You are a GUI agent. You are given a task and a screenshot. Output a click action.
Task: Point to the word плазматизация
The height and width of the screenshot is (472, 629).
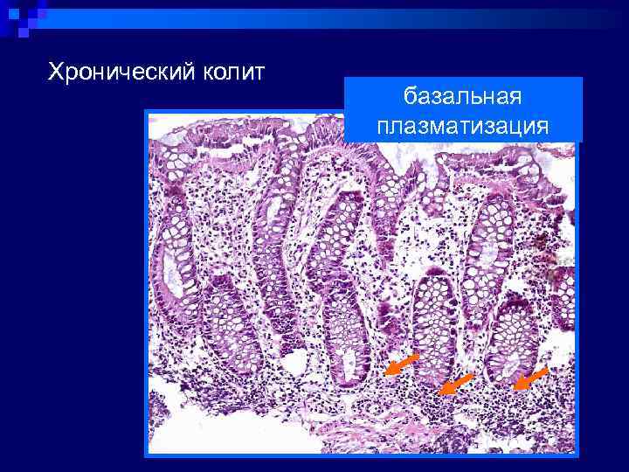click(463, 126)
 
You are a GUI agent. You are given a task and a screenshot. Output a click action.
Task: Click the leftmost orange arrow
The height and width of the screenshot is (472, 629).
click(403, 364)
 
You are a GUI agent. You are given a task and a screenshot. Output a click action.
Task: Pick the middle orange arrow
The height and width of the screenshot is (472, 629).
click(455, 384)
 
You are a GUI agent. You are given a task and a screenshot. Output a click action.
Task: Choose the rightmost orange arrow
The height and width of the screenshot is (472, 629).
click(530, 378)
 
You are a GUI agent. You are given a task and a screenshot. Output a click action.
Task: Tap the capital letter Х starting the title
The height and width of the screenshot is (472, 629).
click(55, 70)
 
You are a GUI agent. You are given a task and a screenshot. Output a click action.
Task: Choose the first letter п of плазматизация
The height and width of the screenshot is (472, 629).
click(384, 127)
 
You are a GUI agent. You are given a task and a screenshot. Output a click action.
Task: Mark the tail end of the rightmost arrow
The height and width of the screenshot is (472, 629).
click(547, 369)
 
